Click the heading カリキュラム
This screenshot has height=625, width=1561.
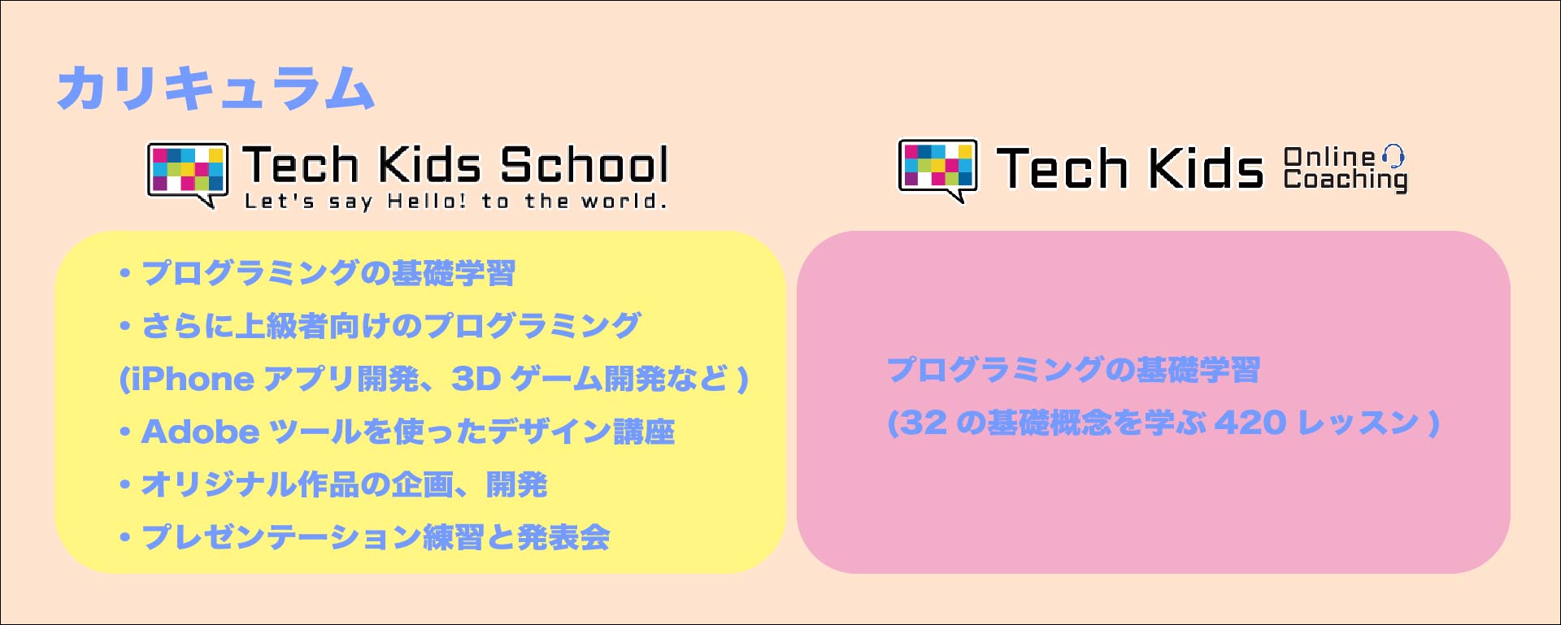point(216,88)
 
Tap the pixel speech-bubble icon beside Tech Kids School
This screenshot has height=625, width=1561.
point(187,174)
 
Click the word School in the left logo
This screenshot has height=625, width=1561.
point(584,165)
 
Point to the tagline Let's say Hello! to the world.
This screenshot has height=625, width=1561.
point(456,202)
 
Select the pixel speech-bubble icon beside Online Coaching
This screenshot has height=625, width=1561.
point(937,170)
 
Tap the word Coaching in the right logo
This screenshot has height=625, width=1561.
point(1346,180)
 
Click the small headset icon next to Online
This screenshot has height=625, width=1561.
point(1394,155)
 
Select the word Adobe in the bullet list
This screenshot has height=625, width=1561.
point(200,432)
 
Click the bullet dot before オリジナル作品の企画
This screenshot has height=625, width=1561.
point(125,485)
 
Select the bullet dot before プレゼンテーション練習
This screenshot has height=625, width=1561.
point(125,538)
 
